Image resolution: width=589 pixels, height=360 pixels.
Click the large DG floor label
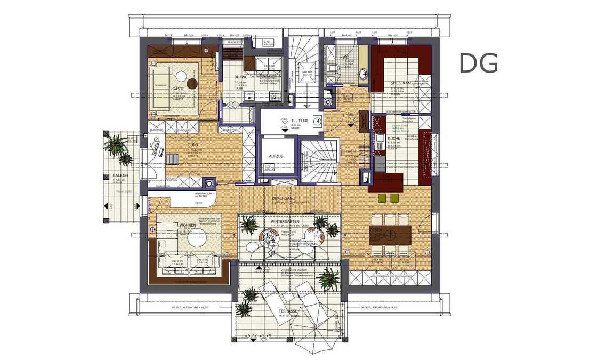point(478,63)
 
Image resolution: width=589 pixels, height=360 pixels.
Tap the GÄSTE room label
point(178,89)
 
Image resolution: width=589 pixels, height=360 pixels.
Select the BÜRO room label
point(193,145)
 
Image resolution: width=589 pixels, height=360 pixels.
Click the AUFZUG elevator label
point(276,156)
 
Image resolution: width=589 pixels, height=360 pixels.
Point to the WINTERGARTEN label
point(285,221)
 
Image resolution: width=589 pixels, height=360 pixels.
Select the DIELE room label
point(351,151)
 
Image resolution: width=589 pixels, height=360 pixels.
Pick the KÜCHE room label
point(394,138)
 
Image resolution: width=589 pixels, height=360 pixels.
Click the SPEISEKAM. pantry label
point(400,83)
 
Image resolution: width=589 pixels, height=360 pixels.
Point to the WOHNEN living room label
point(187,226)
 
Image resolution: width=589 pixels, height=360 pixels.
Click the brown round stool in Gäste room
point(192,83)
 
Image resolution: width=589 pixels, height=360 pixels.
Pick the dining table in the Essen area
point(391,233)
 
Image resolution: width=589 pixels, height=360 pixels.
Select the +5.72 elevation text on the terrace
point(250,335)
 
